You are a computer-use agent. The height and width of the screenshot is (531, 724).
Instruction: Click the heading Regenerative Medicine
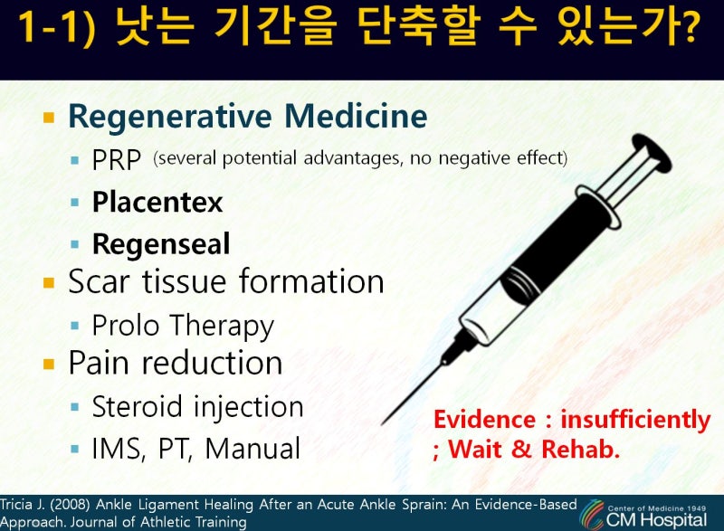247,116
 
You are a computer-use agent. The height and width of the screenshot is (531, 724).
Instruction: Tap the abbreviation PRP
117,160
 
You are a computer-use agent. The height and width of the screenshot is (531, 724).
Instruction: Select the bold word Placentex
157,202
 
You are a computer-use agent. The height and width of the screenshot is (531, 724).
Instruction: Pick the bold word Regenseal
161,244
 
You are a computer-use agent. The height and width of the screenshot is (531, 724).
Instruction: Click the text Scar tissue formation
226,281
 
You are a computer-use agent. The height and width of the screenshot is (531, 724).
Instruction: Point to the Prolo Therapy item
183,327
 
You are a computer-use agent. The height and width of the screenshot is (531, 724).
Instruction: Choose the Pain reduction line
176,363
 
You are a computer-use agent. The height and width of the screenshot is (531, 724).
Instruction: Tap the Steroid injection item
197,407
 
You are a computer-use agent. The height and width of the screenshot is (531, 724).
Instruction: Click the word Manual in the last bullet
252,449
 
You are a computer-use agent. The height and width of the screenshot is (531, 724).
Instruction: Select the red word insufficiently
635,420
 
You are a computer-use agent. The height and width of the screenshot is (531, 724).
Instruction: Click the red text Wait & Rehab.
534,449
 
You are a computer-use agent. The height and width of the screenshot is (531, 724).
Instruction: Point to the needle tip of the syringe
383,423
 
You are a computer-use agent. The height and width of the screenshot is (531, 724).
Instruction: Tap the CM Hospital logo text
656,520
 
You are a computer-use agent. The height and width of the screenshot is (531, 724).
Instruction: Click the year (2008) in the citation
70,505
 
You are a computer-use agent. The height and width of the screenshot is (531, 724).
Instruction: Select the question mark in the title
689,28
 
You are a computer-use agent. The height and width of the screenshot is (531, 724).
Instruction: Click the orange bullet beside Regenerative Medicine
49,118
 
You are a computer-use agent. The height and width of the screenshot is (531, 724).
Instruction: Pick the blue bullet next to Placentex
75,202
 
